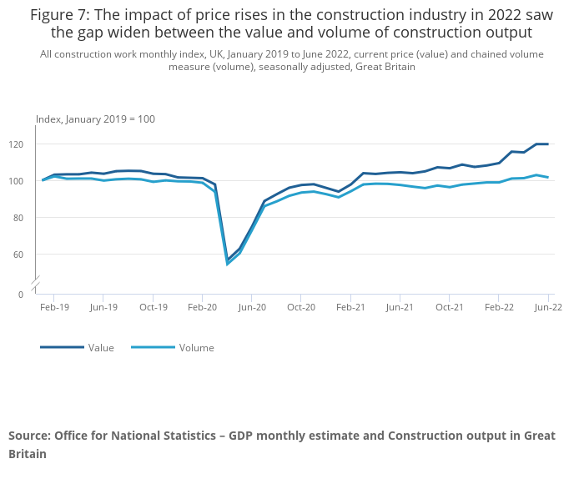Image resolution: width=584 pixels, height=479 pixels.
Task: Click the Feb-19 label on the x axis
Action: coord(54,307)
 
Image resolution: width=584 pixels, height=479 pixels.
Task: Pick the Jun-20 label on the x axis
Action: coord(252,307)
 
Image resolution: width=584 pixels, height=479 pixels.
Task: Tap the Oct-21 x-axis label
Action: coord(450,307)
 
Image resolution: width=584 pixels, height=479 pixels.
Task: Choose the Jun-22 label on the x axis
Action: coord(548,307)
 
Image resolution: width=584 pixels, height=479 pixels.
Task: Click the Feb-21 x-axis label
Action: coord(350,307)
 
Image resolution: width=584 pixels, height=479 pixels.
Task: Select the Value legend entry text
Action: coord(101,348)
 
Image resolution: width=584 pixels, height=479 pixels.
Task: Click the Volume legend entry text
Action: coord(196,348)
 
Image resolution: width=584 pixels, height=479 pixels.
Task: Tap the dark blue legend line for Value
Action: coord(62,347)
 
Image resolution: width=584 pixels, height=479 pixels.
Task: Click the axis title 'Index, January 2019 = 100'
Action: coord(95,119)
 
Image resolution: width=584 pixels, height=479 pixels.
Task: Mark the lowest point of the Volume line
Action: coord(227,264)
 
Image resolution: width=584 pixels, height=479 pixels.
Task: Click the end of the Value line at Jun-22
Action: coord(548,144)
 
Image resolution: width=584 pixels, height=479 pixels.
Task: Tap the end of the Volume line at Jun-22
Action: coord(548,177)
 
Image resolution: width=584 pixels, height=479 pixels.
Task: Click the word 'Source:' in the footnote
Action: coord(30,436)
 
